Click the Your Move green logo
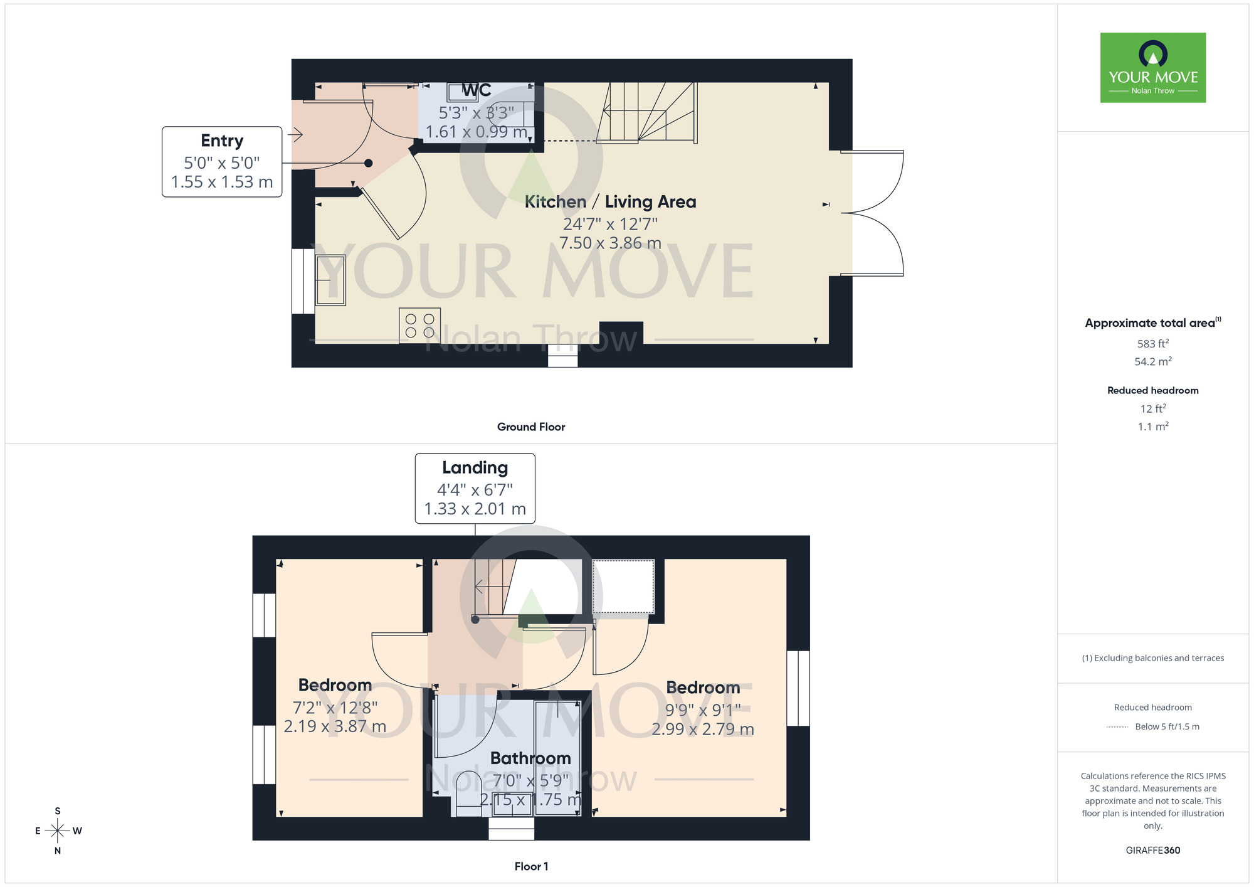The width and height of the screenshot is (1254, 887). [1152, 68]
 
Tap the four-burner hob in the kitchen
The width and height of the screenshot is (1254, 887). [419, 326]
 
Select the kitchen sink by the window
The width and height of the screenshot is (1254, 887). [330, 280]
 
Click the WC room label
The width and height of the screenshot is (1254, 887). [476, 91]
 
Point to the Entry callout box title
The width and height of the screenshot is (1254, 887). [222, 141]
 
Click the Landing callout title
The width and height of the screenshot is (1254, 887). [475, 468]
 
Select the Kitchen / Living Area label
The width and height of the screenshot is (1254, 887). [610, 202]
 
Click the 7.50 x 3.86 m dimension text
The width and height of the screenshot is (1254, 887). [610, 243]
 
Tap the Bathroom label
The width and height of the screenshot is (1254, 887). [530, 758]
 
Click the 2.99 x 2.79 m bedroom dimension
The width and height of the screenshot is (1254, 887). [702, 729]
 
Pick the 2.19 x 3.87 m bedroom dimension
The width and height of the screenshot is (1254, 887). [335, 726]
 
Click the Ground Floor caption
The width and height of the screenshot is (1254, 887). [530, 427]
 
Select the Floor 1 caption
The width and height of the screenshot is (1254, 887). [531, 866]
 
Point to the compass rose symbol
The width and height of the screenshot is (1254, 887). [58, 831]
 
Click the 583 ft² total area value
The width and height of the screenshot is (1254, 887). [1152, 344]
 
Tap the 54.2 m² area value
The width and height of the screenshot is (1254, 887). [1152, 362]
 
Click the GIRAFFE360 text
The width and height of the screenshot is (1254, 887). [1152, 851]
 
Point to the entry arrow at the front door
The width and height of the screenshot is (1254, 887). [295, 134]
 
